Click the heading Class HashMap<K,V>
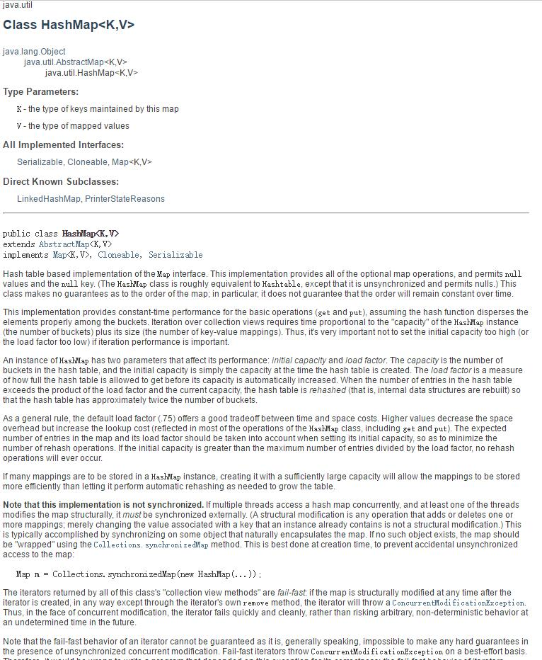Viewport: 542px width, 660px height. (x=69, y=25)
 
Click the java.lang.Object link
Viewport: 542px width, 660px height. (x=34, y=52)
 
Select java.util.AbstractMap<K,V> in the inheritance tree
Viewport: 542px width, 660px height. (x=75, y=62)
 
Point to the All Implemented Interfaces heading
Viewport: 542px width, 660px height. (x=63, y=145)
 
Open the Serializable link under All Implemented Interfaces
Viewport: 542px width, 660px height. (x=40, y=162)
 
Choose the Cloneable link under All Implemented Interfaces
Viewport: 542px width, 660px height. (x=87, y=162)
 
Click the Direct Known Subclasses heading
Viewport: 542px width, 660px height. (x=61, y=182)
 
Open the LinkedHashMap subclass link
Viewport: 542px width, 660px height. (x=49, y=199)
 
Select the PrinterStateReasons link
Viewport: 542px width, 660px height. (x=125, y=199)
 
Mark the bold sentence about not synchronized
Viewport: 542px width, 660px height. (x=103, y=505)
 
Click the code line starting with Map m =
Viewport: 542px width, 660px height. (x=139, y=574)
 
